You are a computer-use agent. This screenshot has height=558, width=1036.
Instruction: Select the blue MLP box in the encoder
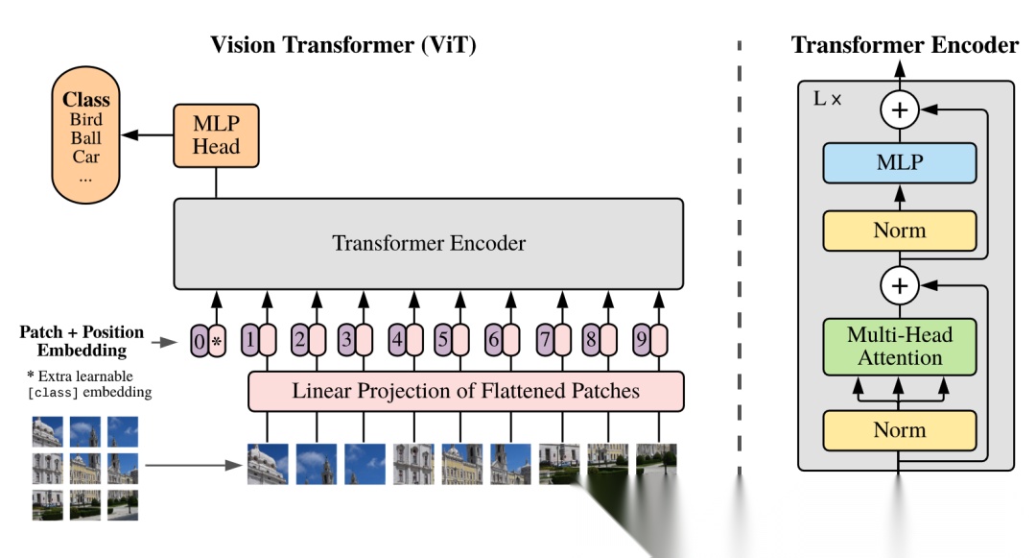(899, 163)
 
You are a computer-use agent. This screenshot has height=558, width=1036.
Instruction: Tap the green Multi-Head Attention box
(899, 347)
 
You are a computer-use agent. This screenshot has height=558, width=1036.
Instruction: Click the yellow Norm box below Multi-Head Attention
(899, 430)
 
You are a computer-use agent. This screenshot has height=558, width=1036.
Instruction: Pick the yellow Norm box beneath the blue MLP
(899, 230)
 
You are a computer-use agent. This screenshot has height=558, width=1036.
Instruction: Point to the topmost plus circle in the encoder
(899, 111)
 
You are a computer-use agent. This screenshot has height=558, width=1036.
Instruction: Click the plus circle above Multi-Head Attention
(899, 284)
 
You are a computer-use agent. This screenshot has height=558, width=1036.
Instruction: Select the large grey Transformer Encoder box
(428, 243)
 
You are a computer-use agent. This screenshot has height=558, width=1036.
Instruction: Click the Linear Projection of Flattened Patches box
(465, 391)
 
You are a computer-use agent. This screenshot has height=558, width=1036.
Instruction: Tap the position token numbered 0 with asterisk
(208, 340)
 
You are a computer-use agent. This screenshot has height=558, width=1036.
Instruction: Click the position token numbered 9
(647, 340)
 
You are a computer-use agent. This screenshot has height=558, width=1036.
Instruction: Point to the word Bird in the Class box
(85, 119)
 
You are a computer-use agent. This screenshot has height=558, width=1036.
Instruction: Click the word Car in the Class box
(85, 157)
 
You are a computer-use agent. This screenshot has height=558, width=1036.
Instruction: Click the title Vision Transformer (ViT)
(343, 45)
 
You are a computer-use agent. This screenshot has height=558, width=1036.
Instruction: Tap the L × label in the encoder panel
(827, 99)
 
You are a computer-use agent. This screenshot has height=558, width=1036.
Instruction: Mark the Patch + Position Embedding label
(82, 341)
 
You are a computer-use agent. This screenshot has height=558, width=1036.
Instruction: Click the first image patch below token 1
(268, 463)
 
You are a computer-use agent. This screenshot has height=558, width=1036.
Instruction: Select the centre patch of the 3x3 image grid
(85, 468)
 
